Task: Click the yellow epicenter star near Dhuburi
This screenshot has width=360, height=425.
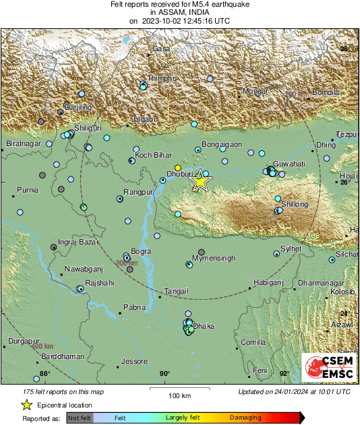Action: (200, 181)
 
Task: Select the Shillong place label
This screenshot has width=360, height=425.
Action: (295, 204)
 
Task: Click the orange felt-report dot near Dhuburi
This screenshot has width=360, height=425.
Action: (178, 167)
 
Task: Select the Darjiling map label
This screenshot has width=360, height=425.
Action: (78, 107)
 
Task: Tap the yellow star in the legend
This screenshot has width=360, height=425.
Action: (26, 405)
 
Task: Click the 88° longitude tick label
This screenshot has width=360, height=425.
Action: (44, 374)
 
